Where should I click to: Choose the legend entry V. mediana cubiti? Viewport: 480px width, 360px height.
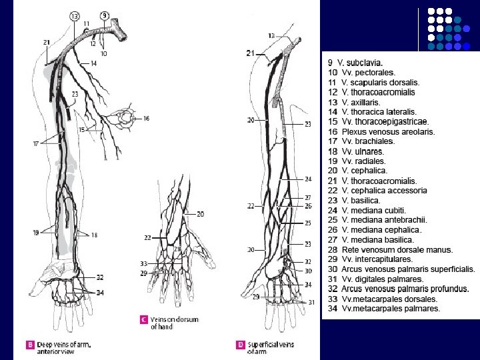367,210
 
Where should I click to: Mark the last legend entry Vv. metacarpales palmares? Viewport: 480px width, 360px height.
384,309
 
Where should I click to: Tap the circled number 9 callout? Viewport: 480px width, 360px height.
105,15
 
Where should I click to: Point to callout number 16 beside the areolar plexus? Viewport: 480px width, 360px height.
146,118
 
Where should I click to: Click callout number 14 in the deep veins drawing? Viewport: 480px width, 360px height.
93,63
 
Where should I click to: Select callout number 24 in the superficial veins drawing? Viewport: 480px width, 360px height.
308,179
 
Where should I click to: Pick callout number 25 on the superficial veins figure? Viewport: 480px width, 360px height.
308,223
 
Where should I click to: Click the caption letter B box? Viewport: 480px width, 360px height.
29,345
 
